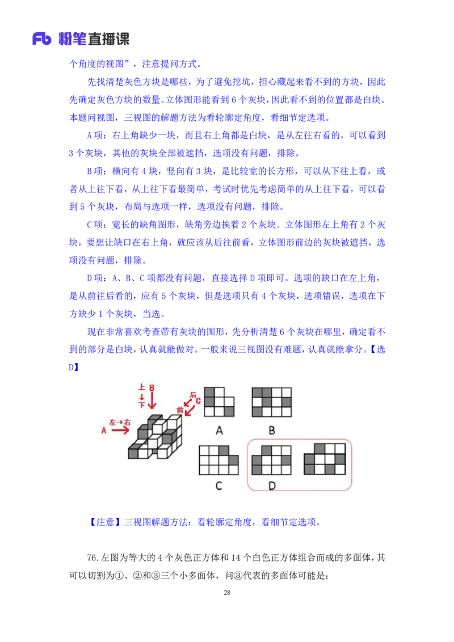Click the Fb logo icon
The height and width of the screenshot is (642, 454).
[x=42, y=39]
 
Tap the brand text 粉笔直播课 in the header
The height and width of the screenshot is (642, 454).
[x=94, y=39]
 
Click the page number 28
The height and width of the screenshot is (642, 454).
[x=227, y=593]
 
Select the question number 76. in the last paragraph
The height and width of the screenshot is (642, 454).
[x=93, y=557]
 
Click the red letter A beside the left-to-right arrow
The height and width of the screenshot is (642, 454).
[x=104, y=430]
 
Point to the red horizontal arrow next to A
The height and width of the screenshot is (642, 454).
[x=120, y=430]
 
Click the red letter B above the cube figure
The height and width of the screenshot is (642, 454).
[x=152, y=388]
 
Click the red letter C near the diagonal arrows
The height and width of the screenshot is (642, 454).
[x=198, y=401]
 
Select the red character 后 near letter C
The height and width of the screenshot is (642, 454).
[x=193, y=394]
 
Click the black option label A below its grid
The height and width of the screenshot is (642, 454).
[x=219, y=430]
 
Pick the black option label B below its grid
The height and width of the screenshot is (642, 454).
[x=272, y=430]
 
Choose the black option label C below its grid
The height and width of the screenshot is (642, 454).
[x=219, y=485]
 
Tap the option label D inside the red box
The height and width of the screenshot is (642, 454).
[x=272, y=485]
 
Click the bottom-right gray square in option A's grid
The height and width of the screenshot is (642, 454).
[x=229, y=411]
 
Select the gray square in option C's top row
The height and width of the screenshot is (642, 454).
[x=224, y=450]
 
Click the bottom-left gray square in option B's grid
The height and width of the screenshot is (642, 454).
[x=257, y=412]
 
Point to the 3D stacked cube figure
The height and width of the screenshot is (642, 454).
[x=155, y=436]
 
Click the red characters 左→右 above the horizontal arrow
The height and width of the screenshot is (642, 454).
[x=120, y=423]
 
